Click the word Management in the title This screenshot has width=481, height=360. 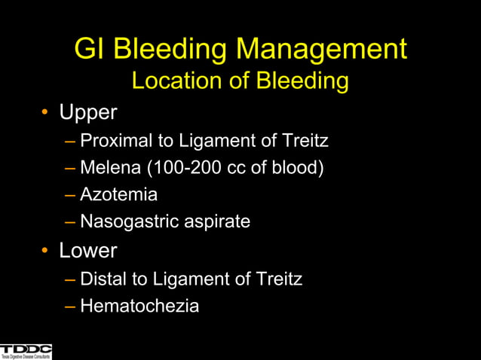(322, 50)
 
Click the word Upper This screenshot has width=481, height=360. (88, 114)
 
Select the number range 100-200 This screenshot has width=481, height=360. (187, 167)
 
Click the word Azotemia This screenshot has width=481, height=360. (118, 194)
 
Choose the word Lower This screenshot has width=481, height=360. (88, 249)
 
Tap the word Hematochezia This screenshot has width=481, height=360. (139, 306)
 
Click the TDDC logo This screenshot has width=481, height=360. (26, 351)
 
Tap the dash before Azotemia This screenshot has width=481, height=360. (70, 195)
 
